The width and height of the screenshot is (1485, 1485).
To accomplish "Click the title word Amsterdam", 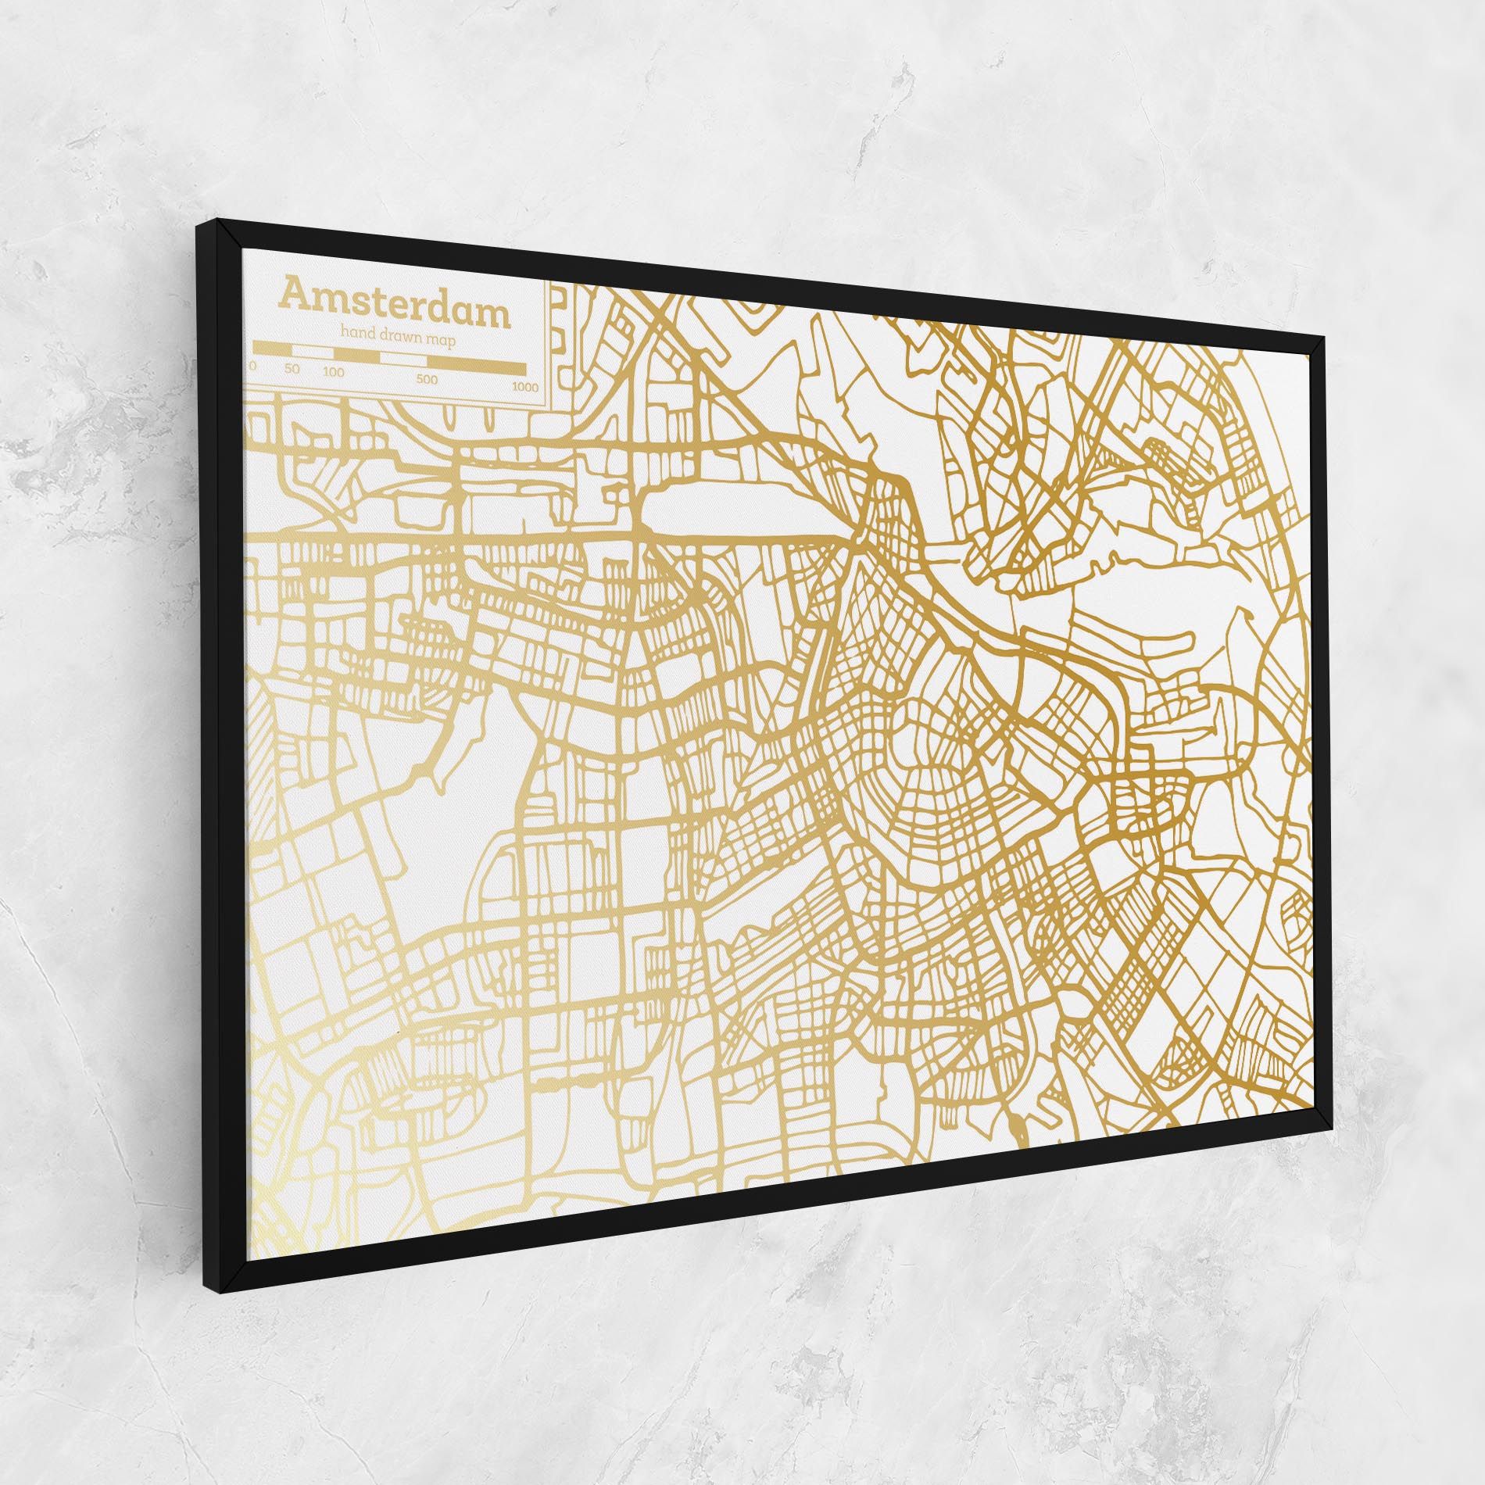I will [x=395, y=308].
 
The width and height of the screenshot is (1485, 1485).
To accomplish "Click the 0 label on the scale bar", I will [x=252, y=366].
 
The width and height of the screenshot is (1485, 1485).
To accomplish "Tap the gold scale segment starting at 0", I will [x=272, y=348].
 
